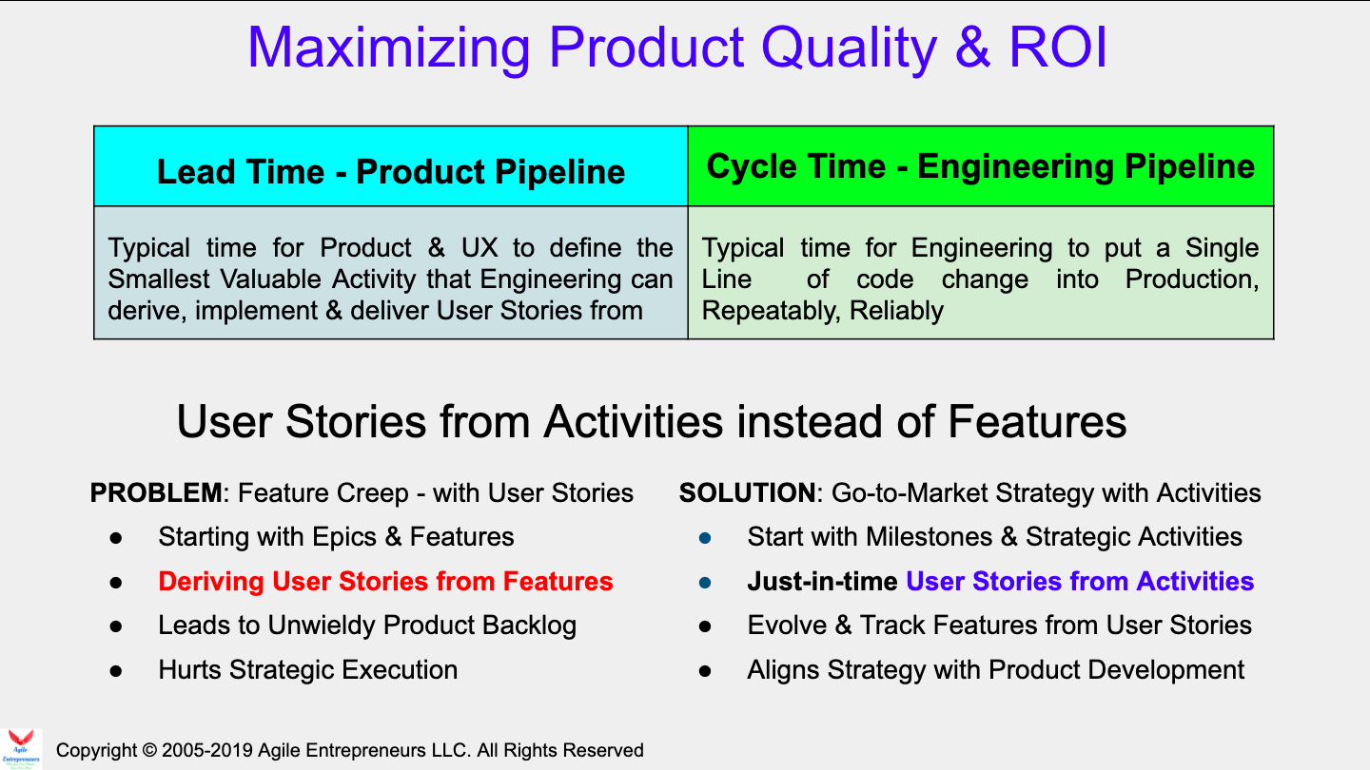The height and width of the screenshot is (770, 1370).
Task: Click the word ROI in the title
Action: point(1058,48)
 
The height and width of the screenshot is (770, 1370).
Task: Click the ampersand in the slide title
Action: point(972,48)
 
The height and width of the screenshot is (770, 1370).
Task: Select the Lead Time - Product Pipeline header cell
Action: point(391,166)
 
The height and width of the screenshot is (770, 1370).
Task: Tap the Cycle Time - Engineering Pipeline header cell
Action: point(981,166)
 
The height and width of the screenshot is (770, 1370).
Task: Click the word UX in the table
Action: point(479,248)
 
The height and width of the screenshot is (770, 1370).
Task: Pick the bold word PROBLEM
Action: point(156,492)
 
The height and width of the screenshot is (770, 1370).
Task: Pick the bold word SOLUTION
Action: point(747,492)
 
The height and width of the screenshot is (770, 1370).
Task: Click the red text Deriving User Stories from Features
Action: point(386,581)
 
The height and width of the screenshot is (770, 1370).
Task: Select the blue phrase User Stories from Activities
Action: point(1080,581)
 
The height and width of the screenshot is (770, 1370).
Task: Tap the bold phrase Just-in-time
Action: point(822,581)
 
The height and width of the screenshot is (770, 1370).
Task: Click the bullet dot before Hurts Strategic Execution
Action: point(116,671)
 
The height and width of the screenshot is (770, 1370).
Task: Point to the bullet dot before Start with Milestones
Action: point(705,538)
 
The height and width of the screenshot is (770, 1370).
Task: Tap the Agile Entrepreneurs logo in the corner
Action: point(21,749)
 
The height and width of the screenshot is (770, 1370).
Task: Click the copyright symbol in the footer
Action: point(149,750)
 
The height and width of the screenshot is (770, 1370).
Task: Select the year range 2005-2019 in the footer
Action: point(207,750)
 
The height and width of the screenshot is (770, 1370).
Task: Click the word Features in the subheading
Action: point(1037,422)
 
